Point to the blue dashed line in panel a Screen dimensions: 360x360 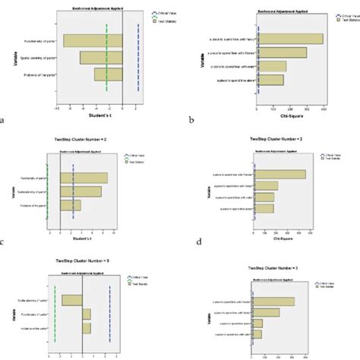pos(137,61)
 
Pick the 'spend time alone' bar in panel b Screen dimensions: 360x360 pos(270,80)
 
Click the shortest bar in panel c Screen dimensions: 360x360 pos(69,204)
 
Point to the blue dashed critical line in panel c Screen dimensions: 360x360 pos(72,190)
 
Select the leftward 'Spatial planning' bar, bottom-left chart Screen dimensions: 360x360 pos(72,300)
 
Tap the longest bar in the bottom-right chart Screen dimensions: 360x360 pos(273,302)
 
